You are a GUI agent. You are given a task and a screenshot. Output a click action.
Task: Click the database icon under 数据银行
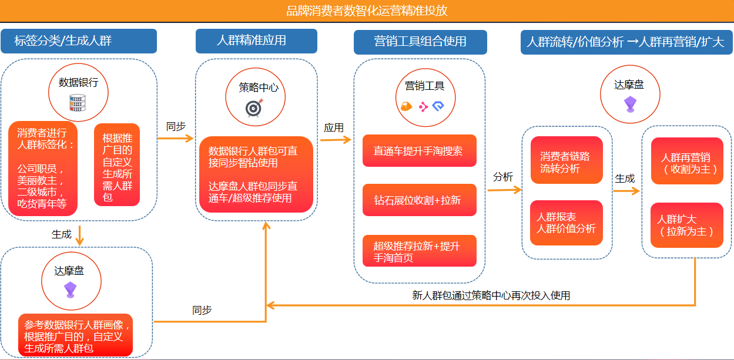(78, 103)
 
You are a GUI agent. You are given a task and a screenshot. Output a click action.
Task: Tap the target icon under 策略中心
(254, 108)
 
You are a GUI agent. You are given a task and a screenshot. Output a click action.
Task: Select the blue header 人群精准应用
(256, 41)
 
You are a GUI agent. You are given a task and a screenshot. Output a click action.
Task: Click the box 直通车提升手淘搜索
(420, 151)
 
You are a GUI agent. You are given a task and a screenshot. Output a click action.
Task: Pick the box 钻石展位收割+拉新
(420, 200)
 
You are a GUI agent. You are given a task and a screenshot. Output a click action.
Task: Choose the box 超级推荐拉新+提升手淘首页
(420, 251)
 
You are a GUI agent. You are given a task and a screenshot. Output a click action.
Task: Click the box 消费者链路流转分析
(567, 160)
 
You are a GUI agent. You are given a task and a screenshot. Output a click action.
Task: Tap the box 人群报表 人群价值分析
(567, 223)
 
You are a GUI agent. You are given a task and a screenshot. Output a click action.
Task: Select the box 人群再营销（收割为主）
(687, 161)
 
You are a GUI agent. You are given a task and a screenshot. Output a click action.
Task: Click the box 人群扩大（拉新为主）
(687, 225)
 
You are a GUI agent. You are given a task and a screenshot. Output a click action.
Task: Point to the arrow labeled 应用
(336, 140)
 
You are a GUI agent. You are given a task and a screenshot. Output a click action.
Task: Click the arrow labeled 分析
(505, 190)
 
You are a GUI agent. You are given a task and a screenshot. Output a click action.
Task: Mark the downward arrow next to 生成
(79, 235)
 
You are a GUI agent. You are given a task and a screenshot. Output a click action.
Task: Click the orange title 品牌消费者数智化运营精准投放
(367, 11)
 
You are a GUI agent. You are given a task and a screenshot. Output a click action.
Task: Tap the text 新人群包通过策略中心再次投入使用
(491, 295)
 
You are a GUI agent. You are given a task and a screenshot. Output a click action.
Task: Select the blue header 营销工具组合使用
(420, 42)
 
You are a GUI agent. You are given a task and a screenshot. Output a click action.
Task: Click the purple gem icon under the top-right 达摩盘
(630, 104)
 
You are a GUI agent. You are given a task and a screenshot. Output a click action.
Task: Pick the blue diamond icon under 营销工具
(438, 106)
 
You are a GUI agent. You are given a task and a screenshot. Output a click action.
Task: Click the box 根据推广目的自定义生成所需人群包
(117, 165)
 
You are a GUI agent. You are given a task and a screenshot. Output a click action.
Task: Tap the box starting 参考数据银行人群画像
(75, 335)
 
